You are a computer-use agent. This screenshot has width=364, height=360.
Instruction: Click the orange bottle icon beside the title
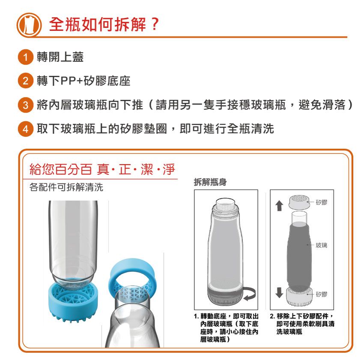(29, 24)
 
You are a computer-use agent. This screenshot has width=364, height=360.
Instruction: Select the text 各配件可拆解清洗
(66, 188)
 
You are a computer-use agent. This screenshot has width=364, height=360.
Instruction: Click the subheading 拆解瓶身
(210, 183)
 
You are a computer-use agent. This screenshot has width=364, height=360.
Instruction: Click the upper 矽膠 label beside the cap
(322, 201)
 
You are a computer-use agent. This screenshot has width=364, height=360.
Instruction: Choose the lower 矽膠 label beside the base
(322, 294)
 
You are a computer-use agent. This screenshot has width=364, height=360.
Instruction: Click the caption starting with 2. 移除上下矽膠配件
(302, 324)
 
